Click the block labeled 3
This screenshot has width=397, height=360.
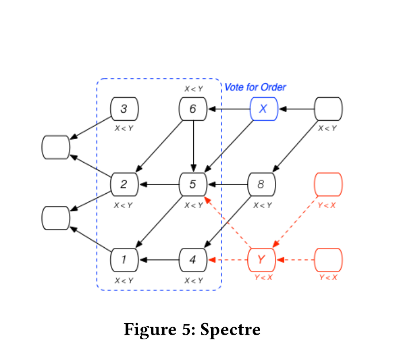(124, 109)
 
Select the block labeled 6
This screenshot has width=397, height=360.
(193, 109)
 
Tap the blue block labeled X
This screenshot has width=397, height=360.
(264, 109)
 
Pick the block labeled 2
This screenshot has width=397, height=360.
(124, 185)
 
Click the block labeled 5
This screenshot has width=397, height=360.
(193, 185)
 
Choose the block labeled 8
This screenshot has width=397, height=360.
(261, 185)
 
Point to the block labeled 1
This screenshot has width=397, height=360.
(124, 260)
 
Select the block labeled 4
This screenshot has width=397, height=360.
(193, 260)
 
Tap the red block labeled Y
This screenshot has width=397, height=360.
(261, 260)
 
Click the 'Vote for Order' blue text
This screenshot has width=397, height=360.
(255, 87)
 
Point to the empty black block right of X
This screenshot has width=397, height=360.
(329, 109)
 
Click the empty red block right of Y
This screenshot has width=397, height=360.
(329, 260)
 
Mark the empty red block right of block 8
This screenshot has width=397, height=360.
(329, 185)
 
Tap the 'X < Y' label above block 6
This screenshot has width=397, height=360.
(193, 89)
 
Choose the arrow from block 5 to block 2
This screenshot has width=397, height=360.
(159, 185)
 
